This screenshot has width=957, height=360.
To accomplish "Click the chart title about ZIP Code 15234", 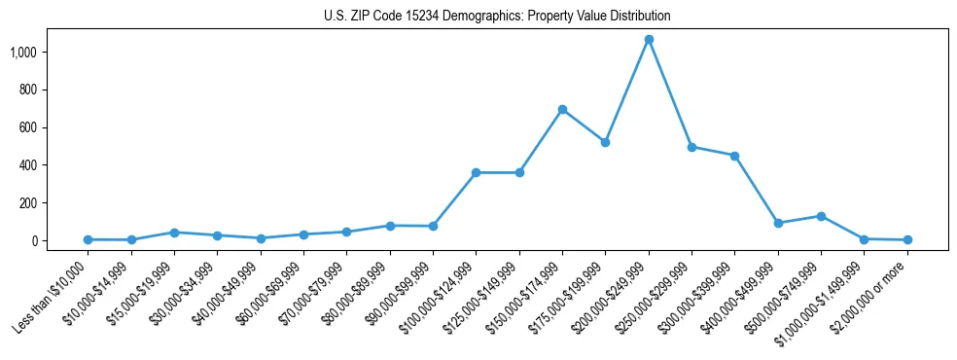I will coord(497,17).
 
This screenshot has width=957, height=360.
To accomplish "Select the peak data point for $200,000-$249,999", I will coord(649,40).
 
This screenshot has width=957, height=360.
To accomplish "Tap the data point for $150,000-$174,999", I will coord(562,109).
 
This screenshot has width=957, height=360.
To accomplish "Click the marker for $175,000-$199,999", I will coord(605,142).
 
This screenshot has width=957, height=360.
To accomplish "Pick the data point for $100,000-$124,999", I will coord(476,173).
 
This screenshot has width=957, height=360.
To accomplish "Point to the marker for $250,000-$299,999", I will coord(691,147).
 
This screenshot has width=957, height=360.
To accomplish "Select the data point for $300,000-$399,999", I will coord(734,156).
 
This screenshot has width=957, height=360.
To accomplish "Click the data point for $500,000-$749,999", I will coord(821,216).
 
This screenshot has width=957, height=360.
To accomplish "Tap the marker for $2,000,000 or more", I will coord(907,239).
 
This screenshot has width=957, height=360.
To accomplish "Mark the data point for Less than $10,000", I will coord(88,239).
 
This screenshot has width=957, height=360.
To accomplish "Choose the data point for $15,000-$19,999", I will coord(174,233).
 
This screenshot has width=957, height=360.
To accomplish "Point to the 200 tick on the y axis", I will coord(38,203).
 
